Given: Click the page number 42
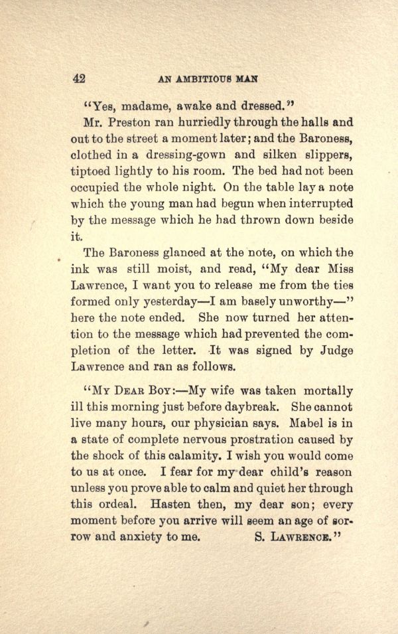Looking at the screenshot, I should coord(79,78).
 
